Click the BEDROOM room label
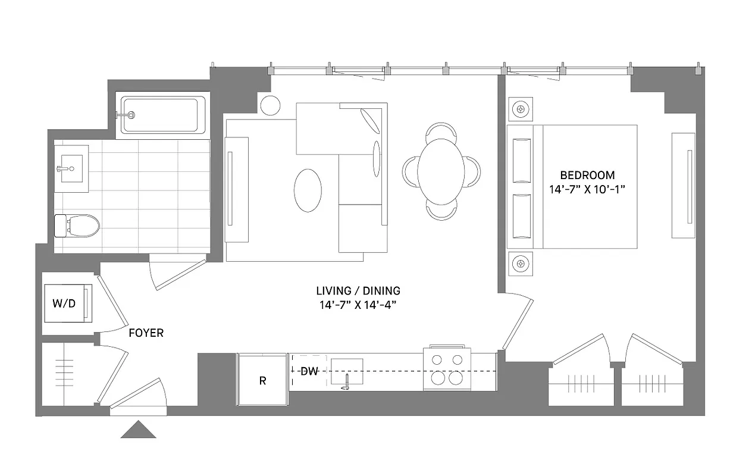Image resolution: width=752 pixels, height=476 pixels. coord(587,176)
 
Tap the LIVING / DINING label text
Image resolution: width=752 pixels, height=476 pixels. coord(358,291)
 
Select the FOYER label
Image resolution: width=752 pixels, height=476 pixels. coord(146,333)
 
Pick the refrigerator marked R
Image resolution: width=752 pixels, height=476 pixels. coord(262,380)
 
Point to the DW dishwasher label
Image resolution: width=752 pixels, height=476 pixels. coord(309,372)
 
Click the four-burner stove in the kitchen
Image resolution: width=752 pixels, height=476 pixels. coord(447,369)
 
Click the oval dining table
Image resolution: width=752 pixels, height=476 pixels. coord(441,171)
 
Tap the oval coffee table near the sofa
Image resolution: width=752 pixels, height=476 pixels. coord(308,190)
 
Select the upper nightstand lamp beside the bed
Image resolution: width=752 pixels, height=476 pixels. coord(521,109)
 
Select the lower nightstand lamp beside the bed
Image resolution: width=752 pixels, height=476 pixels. coord(521,263)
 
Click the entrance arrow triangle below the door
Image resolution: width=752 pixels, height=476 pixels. coord(138,430)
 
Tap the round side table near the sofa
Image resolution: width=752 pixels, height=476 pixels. coord(270,105)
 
